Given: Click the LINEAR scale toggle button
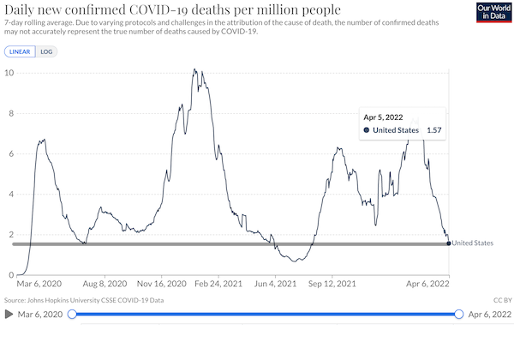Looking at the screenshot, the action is click(x=20, y=51).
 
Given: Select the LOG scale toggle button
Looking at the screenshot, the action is click(x=46, y=51).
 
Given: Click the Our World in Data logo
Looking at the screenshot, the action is click(x=493, y=13).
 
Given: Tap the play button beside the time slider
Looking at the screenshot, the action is click(x=9, y=315).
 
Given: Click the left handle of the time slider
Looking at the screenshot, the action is click(x=72, y=315).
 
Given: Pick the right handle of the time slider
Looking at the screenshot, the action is click(x=459, y=315).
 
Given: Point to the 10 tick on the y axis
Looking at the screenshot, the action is click(x=9, y=73).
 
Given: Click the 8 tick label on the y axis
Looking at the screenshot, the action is click(x=11, y=113).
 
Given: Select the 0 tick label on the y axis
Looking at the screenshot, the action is click(x=11, y=275).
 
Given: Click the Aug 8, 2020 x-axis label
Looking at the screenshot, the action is click(x=105, y=284).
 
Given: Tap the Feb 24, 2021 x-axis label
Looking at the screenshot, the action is click(x=218, y=284).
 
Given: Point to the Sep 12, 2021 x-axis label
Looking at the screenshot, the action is click(x=332, y=284).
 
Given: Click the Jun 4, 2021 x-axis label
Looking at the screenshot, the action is click(x=275, y=284).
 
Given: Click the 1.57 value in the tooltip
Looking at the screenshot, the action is click(x=434, y=130).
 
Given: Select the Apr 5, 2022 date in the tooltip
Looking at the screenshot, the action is click(x=383, y=117).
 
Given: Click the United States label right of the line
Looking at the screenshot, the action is click(x=473, y=243).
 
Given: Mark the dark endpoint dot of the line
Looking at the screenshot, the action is click(x=449, y=243).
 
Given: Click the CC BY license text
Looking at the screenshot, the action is click(x=503, y=300).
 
